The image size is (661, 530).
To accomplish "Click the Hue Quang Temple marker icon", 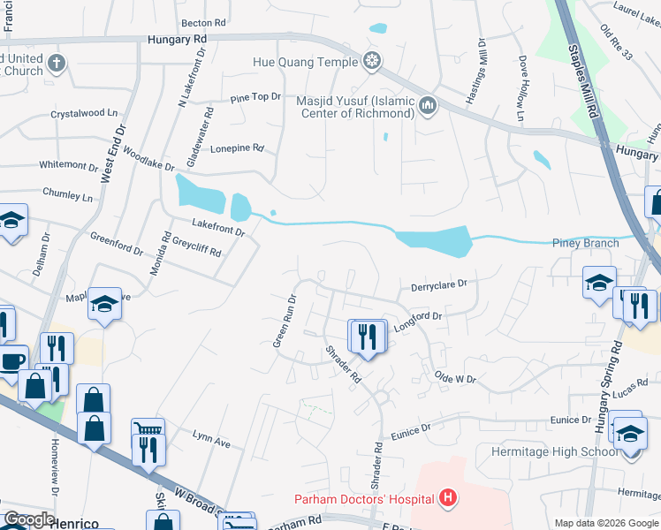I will [x=373, y=60].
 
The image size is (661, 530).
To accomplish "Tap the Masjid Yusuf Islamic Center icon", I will [x=429, y=107].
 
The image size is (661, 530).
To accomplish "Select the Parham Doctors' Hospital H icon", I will [x=449, y=499].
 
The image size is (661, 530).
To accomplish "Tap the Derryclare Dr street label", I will [x=438, y=285].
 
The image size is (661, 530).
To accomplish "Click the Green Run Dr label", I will [x=283, y=320].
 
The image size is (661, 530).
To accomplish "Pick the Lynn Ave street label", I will [x=211, y=438].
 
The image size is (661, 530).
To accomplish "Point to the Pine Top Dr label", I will [x=255, y=97].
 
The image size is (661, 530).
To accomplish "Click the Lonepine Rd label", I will [x=237, y=148].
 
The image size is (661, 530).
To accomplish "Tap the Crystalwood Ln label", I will [x=84, y=113].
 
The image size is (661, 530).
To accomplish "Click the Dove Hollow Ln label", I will [x=522, y=90].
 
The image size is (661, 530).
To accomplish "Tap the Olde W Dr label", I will [x=455, y=378].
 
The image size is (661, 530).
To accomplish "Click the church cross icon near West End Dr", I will [x=56, y=63].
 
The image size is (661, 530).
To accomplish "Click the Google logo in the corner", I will [x=29, y=519].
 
